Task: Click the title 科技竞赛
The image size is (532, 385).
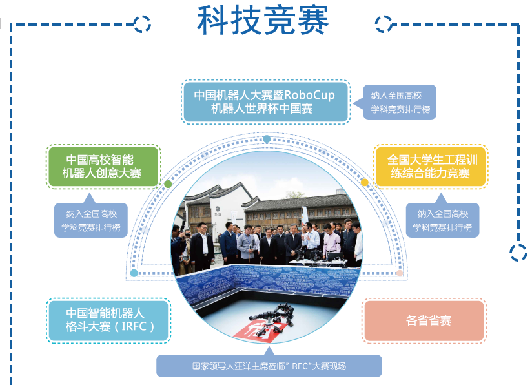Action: pyautogui.click(x=263, y=21)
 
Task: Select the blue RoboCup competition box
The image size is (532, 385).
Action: pyautogui.click(x=265, y=102)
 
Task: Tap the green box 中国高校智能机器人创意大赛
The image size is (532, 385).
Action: pyautogui.click(x=103, y=167)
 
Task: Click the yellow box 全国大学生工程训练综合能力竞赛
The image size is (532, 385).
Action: pyautogui.click(x=431, y=167)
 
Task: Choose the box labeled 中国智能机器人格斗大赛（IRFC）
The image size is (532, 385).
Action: pyautogui.click(x=108, y=320)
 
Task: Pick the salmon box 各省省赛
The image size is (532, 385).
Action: pyautogui.click(x=424, y=320)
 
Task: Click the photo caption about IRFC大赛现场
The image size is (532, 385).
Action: pyautogui.click(x=269, y=366)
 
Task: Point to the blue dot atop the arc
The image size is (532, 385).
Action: pyautogui.click(x=267, y=139)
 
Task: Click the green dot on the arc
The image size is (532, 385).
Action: pyautogui.click(x=168, y=184)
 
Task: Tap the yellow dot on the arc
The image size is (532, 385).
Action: pyautogui.click(x=365, y=183)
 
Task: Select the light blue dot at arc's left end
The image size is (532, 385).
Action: pyautogui.click(x=134, y=273)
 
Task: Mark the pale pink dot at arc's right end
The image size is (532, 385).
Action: pyautogui.click(x=400, y=273)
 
